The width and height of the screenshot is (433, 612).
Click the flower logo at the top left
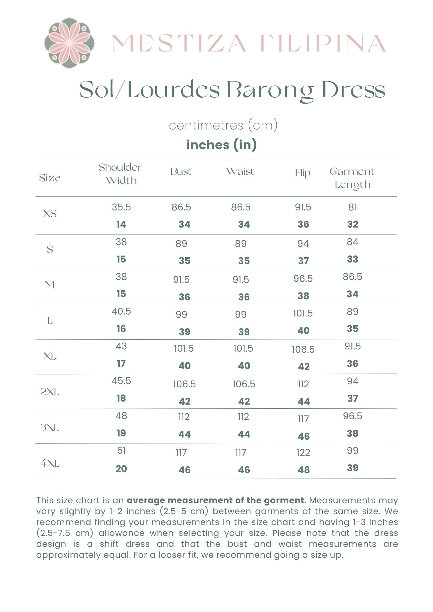tap(69, 43)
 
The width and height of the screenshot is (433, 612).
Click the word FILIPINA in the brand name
tap(323, 43)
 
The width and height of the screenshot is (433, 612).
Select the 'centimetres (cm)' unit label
tap(223, 125)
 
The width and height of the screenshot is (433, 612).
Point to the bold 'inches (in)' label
tap(221, 144)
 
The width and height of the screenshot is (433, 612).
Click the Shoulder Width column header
tap(121, 174)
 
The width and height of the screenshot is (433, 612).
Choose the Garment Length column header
tap(352, 178)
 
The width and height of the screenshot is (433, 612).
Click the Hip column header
tap(303, 173)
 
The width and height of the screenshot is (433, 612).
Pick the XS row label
tap(50, 213)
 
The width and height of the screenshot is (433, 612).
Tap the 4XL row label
tap(50, 463)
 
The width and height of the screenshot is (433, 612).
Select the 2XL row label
tap(50, 392)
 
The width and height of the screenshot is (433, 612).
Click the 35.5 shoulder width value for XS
tap(121, 207)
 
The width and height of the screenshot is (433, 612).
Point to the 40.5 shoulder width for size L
tap(121, 311)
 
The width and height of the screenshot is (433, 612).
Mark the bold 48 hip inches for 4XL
tap(303, 470)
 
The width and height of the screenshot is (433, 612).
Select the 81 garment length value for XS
tap(353, 207)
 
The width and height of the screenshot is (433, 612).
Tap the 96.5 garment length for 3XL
tap(353, 416)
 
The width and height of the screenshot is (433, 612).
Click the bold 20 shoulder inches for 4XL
tap(121, 469)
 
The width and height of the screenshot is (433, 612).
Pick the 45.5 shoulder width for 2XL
tap(121, 381)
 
